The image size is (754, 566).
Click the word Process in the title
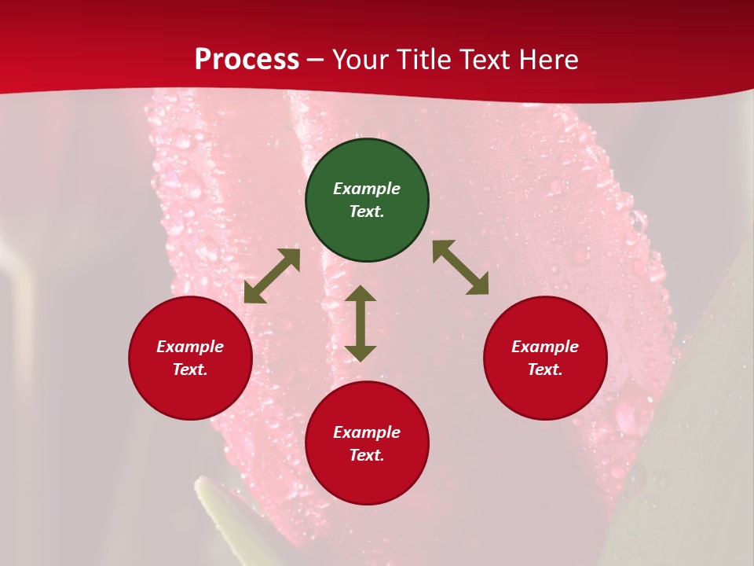pos(247,60)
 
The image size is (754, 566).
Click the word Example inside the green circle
pos(367,189)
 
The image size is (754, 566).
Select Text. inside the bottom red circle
pos(367,455)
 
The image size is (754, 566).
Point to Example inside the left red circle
pos(190,347)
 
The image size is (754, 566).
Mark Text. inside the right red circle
pos(545,369)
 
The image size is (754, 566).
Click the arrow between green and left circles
pos(272,276)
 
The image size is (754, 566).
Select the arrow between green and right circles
pos(461,267)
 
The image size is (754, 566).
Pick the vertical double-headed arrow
pos(361,323)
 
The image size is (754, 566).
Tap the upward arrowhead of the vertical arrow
pos(361,292)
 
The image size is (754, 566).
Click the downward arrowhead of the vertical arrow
pos(361,353)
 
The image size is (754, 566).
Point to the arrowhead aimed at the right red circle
pos(478,285)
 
